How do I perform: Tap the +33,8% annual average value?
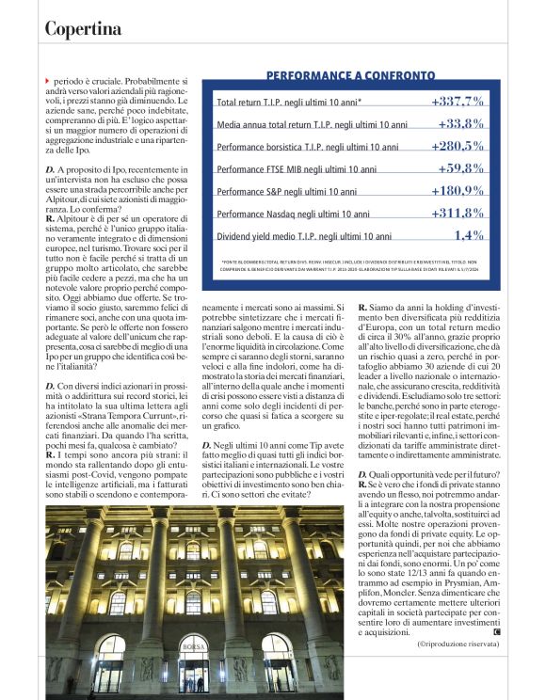point(460,123)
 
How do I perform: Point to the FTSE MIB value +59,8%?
point(460,168)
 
